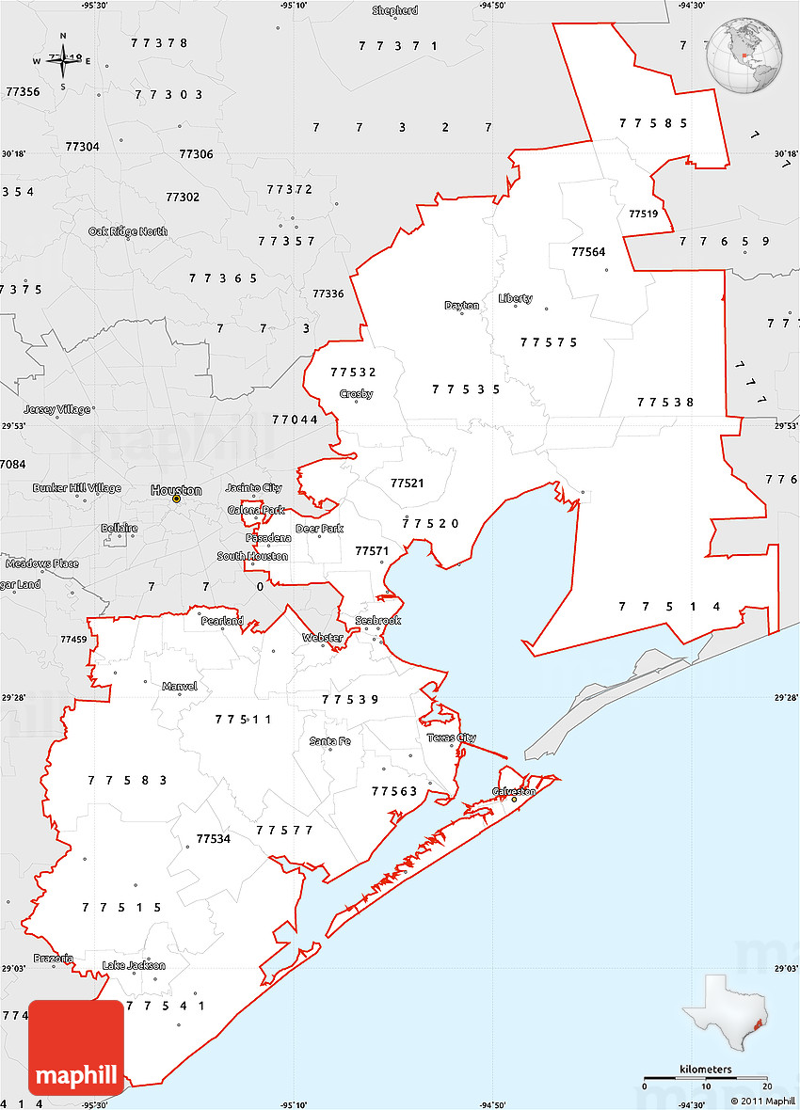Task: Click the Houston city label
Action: pos(176,490)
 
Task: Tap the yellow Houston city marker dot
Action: pos(176,499)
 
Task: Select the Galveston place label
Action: pos(514,791)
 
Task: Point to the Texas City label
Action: pos(452,737)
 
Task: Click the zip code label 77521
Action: pos(407,483)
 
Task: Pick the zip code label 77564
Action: pos(588,251)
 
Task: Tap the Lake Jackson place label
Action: pos(134,965)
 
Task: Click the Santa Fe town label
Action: pos(330,741)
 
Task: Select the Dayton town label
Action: pos(462,305)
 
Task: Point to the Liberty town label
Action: pos(516,298)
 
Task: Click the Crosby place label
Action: pos(357,393)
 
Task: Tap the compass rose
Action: pos(63,60)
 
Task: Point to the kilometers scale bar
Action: pos(705,1076)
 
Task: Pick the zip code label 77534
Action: pos(214,838)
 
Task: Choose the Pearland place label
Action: pos(221,621)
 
